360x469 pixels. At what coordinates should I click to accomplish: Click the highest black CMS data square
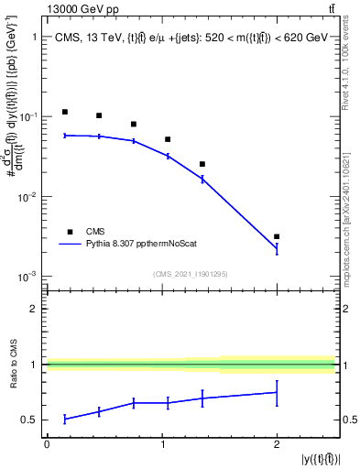pyautogui.click(x=65, y=112)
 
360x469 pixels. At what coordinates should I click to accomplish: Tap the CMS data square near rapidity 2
pyautogui.click(x=277, y=236)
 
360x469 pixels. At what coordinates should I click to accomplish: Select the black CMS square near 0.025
pyautogui.click(x=202, y=164)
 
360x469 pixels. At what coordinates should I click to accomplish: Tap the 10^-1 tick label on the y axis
pyautogui.click(x=27, y=117)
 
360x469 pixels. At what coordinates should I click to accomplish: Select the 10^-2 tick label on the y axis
pyautogui.click(x=27, y=197)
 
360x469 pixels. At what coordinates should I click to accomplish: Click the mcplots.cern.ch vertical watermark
pyautogui.click(x=350, y=211)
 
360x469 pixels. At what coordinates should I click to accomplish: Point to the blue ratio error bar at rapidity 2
pyautogui.click(x=277, y=393)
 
